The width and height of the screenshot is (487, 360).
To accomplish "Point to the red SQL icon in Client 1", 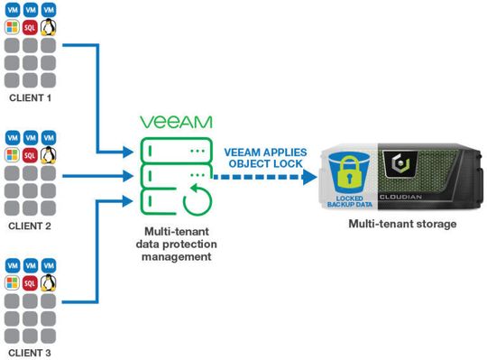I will point(31,28).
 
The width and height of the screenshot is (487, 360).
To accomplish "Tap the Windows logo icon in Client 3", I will point(13,283).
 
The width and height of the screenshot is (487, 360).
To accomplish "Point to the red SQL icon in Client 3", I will point(31,283).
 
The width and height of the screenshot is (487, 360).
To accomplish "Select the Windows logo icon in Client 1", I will point(13,28).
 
